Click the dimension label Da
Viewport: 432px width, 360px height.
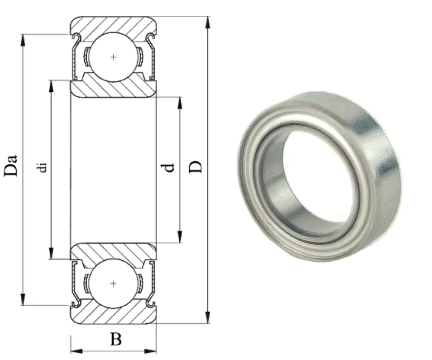11,165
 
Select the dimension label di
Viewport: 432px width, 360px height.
43,168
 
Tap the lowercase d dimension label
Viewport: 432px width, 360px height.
169,168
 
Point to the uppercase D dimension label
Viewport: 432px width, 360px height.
196,167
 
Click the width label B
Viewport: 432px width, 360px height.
116,339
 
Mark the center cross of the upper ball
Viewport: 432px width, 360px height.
113,57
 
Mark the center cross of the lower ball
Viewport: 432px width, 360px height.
113,284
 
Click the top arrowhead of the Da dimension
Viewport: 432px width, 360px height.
23,40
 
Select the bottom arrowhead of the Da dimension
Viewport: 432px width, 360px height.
23,299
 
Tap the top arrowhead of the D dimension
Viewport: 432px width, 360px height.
208,22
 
